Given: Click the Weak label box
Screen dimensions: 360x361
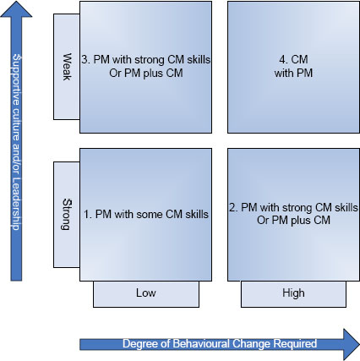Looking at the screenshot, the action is [x=67, y=67].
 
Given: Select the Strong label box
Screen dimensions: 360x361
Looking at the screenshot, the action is [x=67, y=215].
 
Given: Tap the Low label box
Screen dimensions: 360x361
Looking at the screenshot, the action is [x=146, y=294].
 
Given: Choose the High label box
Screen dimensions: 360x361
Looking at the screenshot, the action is [x=293, y=294].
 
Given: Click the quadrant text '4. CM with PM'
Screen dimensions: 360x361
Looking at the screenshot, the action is [x=293, y=66].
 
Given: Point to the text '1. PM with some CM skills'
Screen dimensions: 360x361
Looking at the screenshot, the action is [x=146, y=214].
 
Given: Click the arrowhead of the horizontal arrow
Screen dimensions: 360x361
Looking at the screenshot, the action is [x=352, y=344].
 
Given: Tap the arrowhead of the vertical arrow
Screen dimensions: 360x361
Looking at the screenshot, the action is [x=16, y=9].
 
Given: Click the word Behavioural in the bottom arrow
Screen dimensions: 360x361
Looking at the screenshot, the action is [x=201, y=344].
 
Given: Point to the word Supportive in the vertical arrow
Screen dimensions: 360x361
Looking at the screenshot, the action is [x=16, y=79].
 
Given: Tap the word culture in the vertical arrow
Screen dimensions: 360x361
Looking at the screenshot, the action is [x=16, y=124].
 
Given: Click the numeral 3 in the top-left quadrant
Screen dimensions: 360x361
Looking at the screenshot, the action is [x=85, y=60].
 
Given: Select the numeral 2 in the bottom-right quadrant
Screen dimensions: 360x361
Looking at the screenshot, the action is [x=232, y=208].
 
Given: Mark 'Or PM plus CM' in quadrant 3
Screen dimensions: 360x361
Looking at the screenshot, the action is [x=146, y=73].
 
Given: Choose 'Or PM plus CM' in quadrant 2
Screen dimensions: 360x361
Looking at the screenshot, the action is [x=293, y=220].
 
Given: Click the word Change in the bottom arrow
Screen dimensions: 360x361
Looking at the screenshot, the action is [x=252, y=344].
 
